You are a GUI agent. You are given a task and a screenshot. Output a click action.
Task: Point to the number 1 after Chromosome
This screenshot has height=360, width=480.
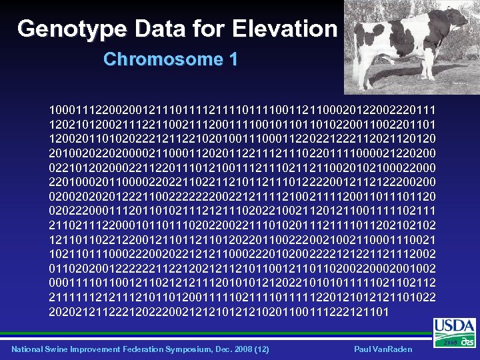[233, 59]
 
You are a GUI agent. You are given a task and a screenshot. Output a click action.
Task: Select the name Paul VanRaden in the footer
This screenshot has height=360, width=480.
[383, 349]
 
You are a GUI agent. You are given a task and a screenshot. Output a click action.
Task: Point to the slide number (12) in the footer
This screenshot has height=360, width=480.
[261, 349]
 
